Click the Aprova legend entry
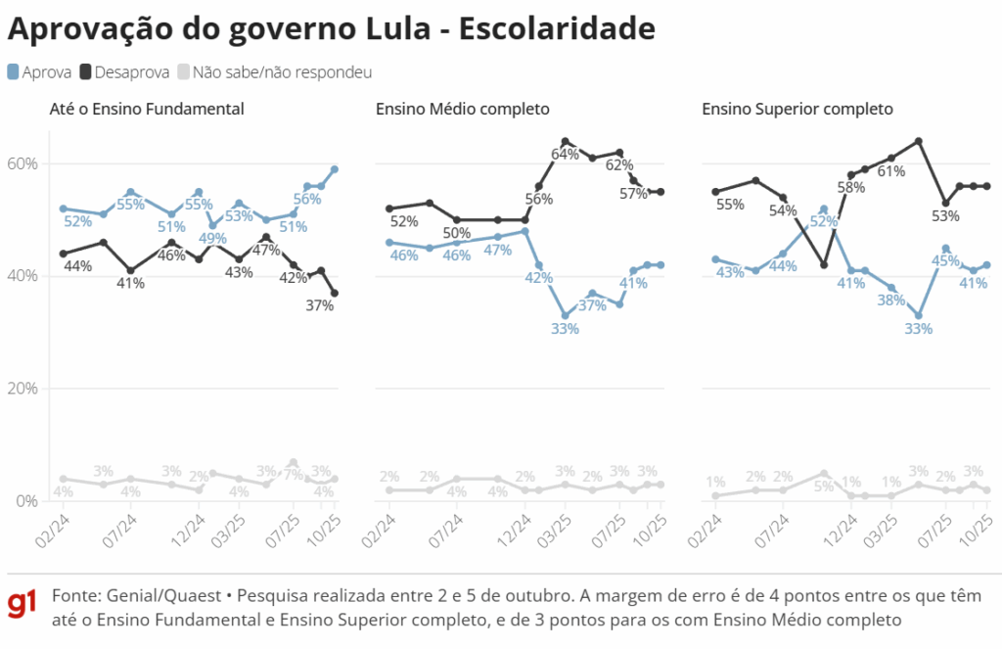pos(39,72)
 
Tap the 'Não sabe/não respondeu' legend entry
pos(274,72)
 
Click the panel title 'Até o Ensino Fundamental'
pos(147,109)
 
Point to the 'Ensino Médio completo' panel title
pos(463,109)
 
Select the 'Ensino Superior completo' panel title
pos(797,109)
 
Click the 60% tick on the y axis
pos(23,163)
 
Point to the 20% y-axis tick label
pos(23,389)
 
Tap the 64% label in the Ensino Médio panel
pos(566,155)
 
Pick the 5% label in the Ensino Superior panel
pos(825,487)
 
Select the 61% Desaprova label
pos(890,171)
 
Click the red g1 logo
pos(23,605)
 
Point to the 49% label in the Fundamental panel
pos(213,238)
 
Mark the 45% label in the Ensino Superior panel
pos(945,261)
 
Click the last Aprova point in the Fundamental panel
pos(335,169)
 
